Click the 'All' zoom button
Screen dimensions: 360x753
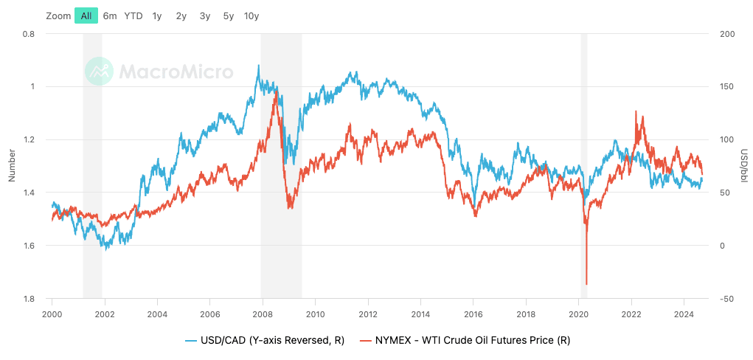coord(86,15)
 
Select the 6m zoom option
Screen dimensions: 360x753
coord(110,15)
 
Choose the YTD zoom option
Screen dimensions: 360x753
coord(133,15)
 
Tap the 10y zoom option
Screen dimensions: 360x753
coord(251,15)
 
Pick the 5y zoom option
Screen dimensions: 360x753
coord(228,15)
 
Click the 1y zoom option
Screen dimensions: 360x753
coord(157,15)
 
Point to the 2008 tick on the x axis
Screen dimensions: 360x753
coord(263,312)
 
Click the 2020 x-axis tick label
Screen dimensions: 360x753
coord(579,312)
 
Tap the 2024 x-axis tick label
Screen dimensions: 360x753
coord(684,312)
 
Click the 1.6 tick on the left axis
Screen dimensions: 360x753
coord(29,246)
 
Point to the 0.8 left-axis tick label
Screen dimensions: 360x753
coord(29,34)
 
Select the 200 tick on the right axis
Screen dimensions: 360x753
coord(726,34)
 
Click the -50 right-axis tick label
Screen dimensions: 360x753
coord(726,299)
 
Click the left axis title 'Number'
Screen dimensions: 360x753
coord(11,165)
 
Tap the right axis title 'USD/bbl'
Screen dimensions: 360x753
coord(743,165)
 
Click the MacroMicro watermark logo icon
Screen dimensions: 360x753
coord(99,72)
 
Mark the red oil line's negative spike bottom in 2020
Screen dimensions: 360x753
coord(586,284)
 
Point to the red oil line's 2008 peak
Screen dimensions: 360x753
coord(276,92)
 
